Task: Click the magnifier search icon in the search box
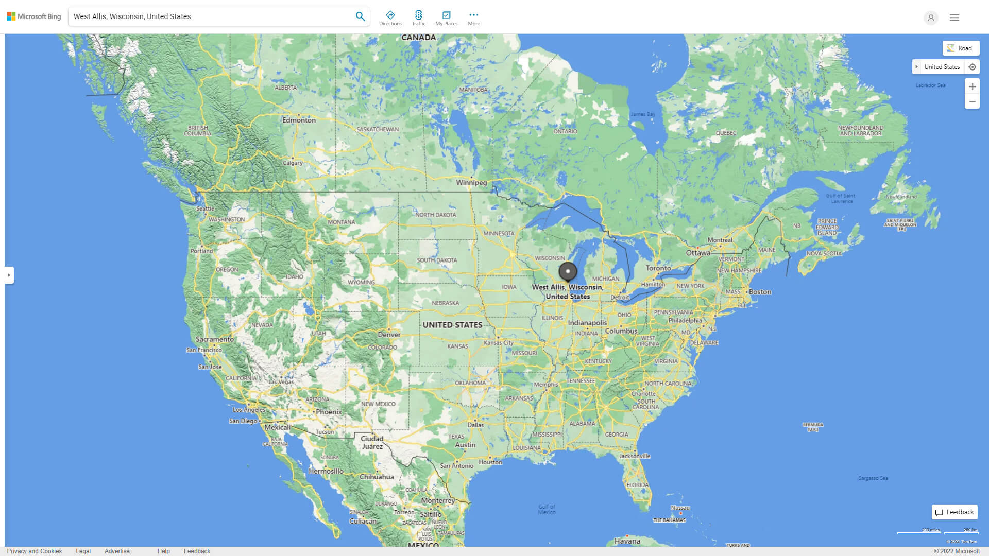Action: pos(360,16)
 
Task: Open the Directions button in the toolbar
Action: pos(390,18)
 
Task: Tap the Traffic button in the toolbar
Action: pos(419,18)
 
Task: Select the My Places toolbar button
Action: pos(446,18)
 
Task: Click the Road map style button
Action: pos(961,48)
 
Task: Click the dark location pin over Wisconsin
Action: pos(568,271)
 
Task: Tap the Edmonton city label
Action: pos(299,120)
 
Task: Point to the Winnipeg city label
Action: pos(471,182)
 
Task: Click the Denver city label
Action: pos(389,334)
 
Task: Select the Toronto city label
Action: pos(658,268)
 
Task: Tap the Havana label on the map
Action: pos(627,541)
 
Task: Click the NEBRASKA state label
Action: pos(445,303)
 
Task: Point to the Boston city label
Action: pos(760,291)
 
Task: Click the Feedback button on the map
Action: pos(954,512)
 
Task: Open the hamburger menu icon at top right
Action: pos(954,18)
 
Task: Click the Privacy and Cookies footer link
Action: pos(35,551)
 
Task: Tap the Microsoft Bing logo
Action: pos(34,16)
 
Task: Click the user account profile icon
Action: pos(931,18)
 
